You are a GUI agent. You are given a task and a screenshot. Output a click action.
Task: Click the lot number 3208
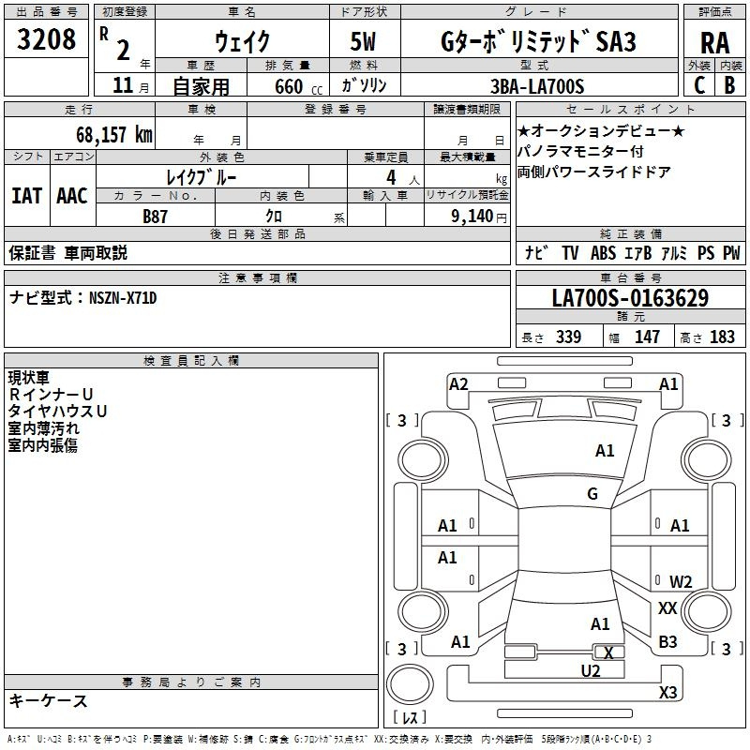tap(46, 39)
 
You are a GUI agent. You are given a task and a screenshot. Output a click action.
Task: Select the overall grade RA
tap(715, 43)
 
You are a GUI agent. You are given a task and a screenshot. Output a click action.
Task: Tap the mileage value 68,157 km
tap(114, 134)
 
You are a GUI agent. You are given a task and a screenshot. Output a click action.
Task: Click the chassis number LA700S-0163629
tap(630, 297)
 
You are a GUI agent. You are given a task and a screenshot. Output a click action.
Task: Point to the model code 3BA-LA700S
tap(537, 86)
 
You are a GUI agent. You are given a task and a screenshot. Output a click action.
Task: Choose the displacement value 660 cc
tap(298, 86)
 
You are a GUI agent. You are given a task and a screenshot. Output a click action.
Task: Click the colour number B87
tap(155, 217)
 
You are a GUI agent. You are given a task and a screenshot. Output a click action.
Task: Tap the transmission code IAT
tap(26, 196)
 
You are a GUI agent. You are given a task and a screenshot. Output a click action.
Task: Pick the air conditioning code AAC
tap(72, 196)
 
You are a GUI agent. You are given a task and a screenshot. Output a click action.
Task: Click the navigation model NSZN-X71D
tap(123, 298)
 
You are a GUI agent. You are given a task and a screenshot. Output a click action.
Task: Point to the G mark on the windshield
tap(592, 494)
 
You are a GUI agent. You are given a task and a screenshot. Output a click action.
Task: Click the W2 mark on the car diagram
tap(681, 581)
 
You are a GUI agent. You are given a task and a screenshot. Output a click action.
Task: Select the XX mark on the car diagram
tap(667, 608)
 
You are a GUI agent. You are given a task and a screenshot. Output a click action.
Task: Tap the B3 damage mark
tap(667, 642)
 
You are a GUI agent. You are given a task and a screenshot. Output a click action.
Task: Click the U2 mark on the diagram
tap(591, 671)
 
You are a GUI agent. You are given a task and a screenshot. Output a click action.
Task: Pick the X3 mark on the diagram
tap(667, 692)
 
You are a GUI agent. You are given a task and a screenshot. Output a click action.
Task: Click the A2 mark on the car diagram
tap(458, 384)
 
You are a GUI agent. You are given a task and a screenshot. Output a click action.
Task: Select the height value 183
tap(722, 337)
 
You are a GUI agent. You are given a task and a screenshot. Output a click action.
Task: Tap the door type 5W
tap(363, 41)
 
